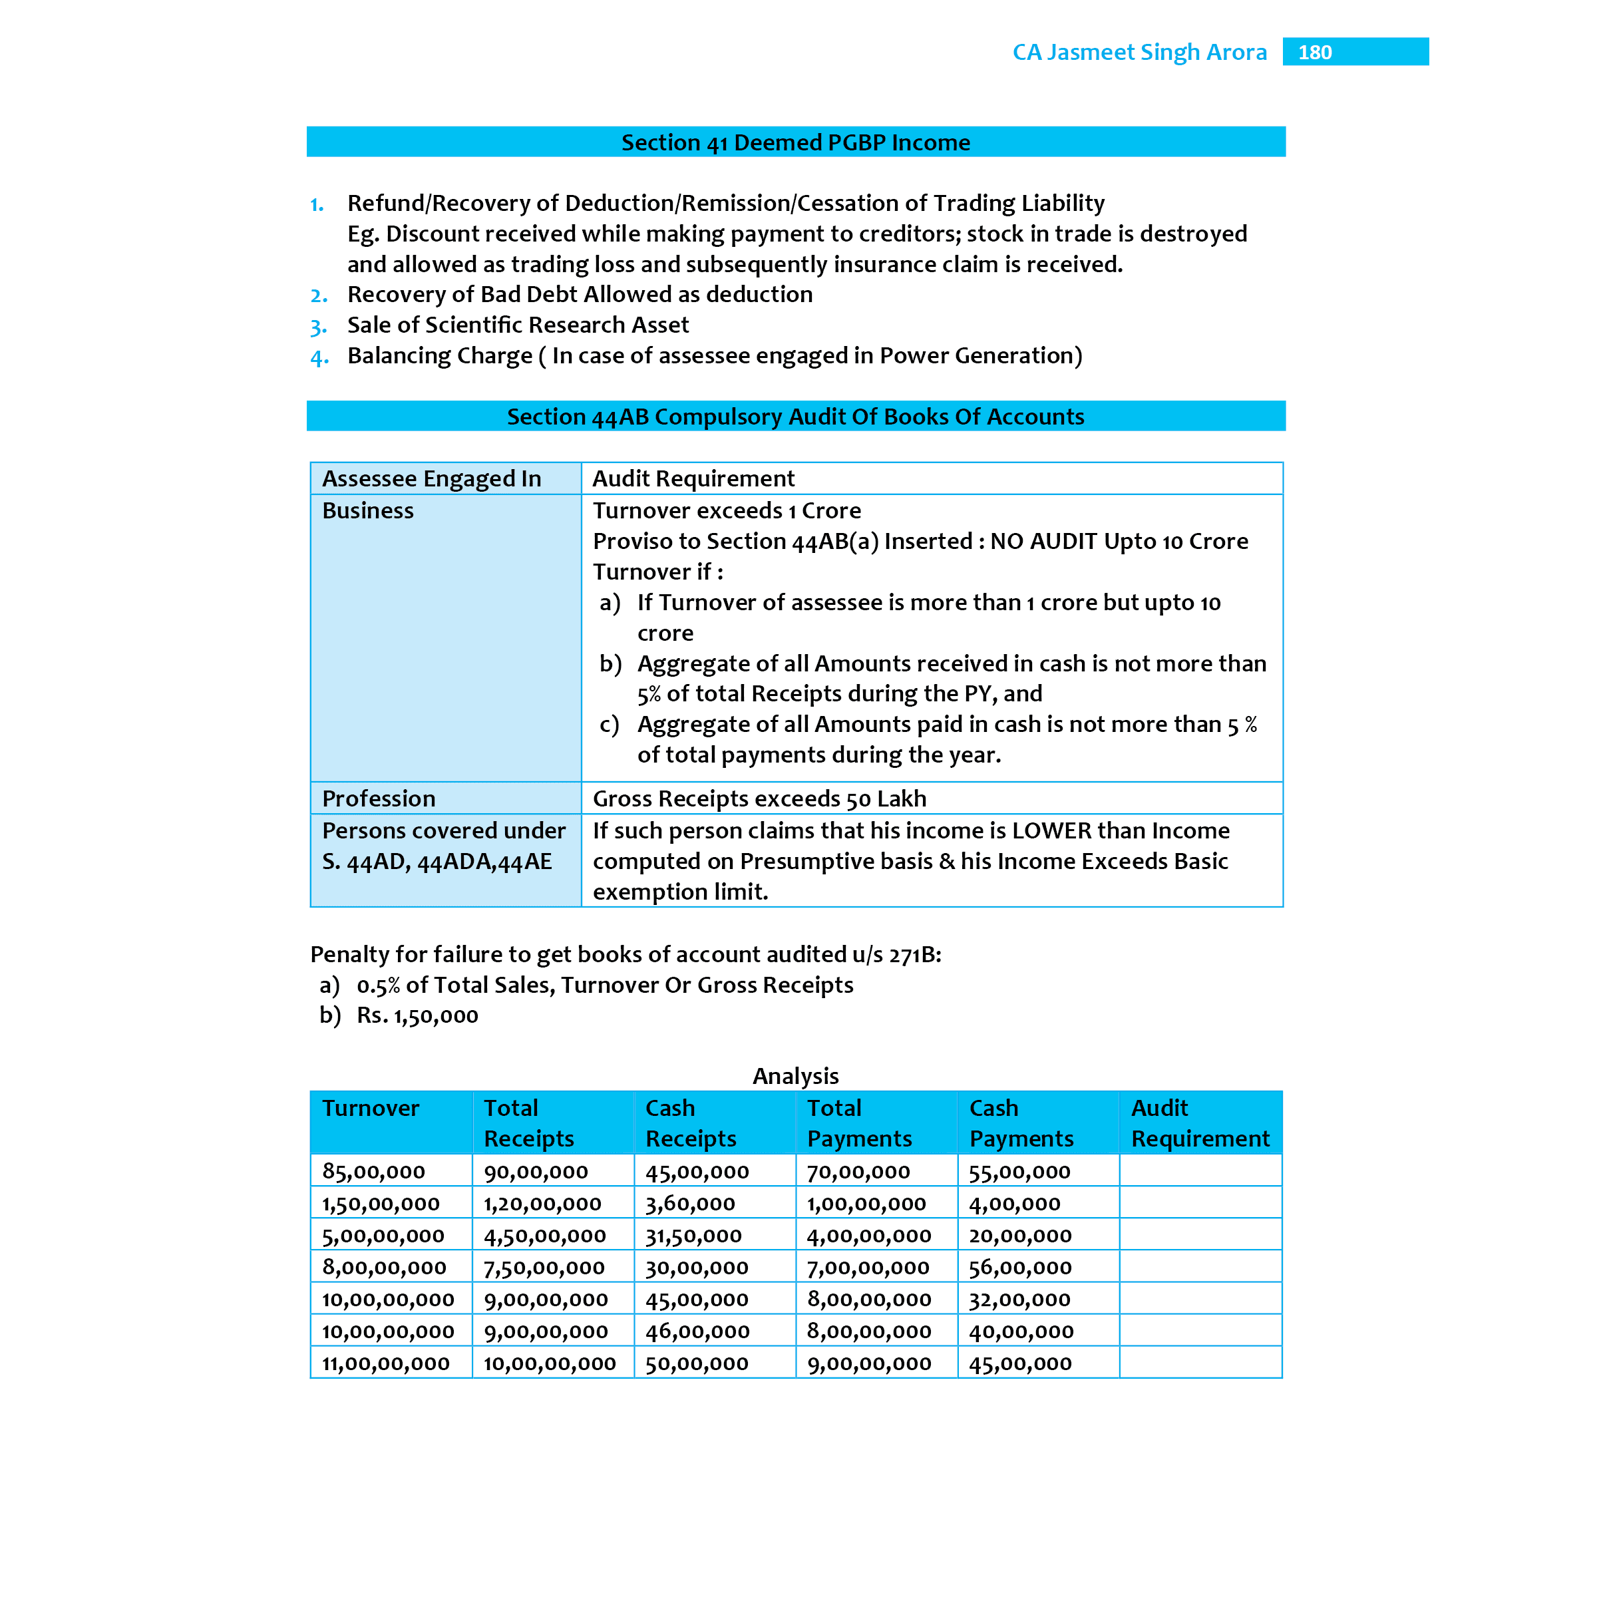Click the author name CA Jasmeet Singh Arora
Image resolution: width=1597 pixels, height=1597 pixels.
click(1139, 52)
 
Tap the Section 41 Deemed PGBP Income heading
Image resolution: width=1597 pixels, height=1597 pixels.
click(795, 142)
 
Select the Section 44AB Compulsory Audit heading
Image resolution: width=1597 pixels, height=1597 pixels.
click(795, 417)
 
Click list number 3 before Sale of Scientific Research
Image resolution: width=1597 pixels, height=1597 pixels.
click(318, 327)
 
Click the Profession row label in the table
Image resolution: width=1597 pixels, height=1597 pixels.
click(379, 798)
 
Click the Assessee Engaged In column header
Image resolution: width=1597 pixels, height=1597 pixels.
click(431, 478)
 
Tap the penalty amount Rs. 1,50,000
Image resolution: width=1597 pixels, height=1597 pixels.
click(417, 1016)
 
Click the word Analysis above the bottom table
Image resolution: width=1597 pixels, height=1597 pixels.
click(795, 1075)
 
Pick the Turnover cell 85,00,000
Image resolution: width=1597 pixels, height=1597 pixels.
click(373, 1171)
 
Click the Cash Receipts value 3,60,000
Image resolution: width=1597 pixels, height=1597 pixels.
click(690, 1204)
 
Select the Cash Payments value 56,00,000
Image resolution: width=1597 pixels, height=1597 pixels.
click(1020, 1267)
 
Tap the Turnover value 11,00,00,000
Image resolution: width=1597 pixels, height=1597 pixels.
click(385, 1364)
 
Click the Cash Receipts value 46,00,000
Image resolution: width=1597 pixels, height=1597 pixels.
click(697, 1331)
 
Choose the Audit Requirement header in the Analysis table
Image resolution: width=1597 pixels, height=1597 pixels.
click(1199, 1123)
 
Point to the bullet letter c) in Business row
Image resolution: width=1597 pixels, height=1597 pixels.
click(610, 725)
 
